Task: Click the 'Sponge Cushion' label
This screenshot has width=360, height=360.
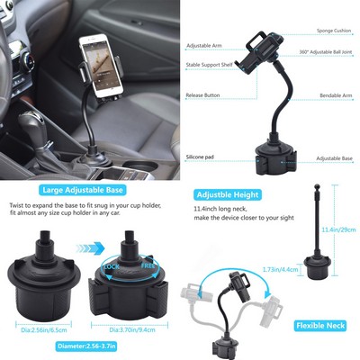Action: coord(328,30)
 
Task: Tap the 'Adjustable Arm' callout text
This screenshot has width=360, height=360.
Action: coord(204,45)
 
